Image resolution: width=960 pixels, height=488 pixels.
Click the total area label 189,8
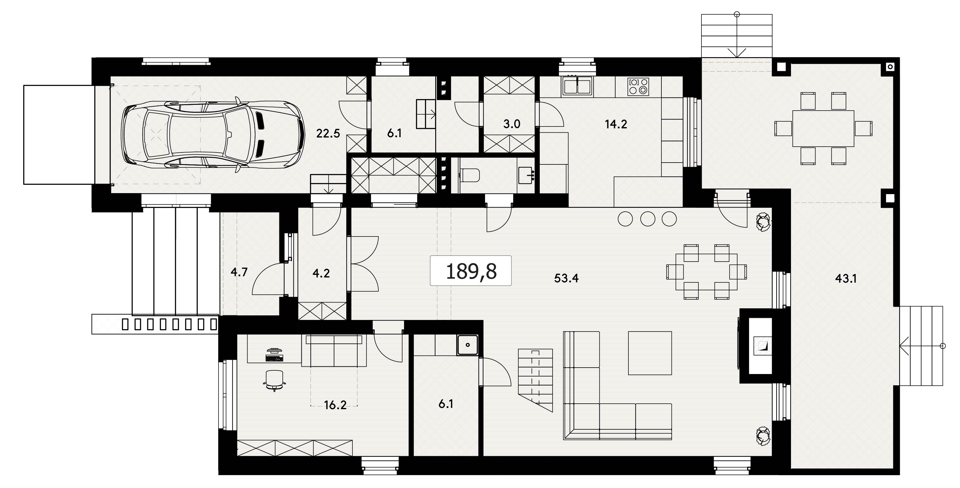pos(471,271)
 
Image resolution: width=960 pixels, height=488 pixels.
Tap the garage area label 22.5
pos(328,133)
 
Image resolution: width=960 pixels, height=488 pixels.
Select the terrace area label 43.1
pos(846,278)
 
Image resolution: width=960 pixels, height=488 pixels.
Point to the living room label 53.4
pos(566,278)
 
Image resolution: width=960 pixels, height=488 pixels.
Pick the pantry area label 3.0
pos(512,124)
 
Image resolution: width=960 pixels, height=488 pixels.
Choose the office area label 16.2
pos(335,405)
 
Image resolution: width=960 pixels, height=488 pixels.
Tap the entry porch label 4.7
pos(239,272)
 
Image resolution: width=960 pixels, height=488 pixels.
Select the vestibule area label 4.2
pos(321,273)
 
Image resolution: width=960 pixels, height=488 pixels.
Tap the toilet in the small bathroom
pos(470,175)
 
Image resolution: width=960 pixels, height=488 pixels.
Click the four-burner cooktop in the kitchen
pos(638,86)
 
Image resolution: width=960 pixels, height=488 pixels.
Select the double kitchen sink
pos(577,86)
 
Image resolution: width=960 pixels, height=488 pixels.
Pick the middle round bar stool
pos(648,219)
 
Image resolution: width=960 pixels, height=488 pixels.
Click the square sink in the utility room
pos(468,345)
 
